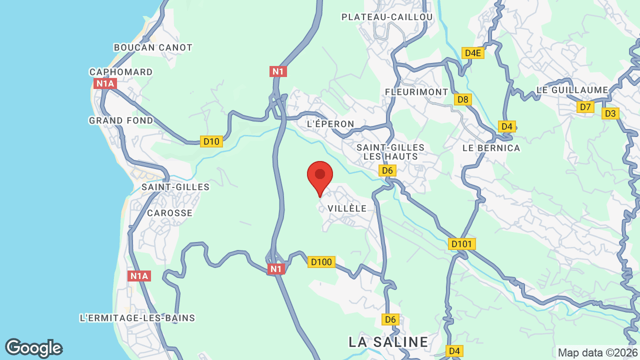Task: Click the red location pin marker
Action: click(320, 176)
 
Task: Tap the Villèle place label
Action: click(347, 208)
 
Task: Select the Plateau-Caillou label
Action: click(387, 17)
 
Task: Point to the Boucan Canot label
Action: click(153, 47)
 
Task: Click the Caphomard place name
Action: click(121, 72)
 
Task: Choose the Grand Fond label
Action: click(121, 120)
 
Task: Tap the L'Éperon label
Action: click(330, 124)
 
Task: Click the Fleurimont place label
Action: click(416, 92)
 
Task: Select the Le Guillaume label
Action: click(572, 90)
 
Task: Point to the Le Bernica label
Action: click(491, 148)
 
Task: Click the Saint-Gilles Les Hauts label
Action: click(390, 152)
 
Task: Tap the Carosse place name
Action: click(169, 213)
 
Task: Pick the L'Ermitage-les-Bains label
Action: click(137, 318)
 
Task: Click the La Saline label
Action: click(388, 342)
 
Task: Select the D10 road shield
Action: click(211, 141)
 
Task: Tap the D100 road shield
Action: click(321, 262)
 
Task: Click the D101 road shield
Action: click(461, 244)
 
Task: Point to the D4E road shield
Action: click(472, 53)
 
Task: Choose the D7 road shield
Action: click(585, 107)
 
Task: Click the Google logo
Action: click(33, 348)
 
